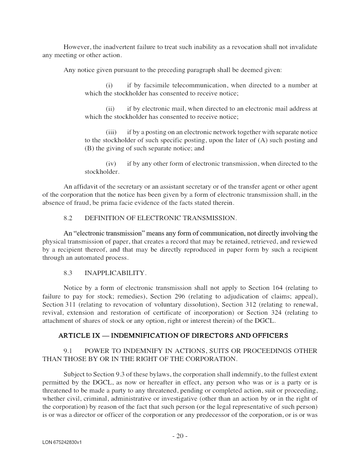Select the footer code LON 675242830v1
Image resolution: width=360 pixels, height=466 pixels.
pyautogui.click(x=62, y=443)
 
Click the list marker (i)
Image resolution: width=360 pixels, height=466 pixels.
pyautogui.click(x=109, y=85)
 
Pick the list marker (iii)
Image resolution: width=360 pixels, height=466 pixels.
pyautogui.click(x=111, y=132)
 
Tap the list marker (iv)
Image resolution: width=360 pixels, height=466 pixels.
pyautogui.click(x=111, y=163)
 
